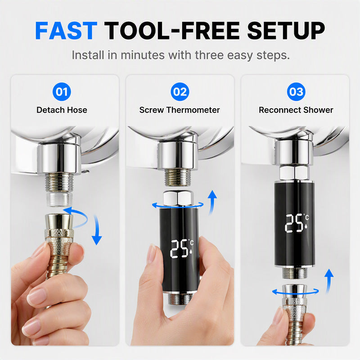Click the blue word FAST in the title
tap(66, 31)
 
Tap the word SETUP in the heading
tap(286, 31)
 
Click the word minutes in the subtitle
tap(143, 55)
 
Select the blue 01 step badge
tap(62, 92)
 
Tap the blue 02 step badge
tap(180, 92)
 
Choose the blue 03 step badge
tap(296, 92)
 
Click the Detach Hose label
tap(62, 110)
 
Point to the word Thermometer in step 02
tap(193, 110)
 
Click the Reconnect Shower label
tap(296, 110)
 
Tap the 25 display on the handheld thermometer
tap(179, 249)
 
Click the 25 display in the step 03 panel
tap(294, 223)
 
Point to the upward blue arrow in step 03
tap(329, 281)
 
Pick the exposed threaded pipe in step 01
tap(59, 183)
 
